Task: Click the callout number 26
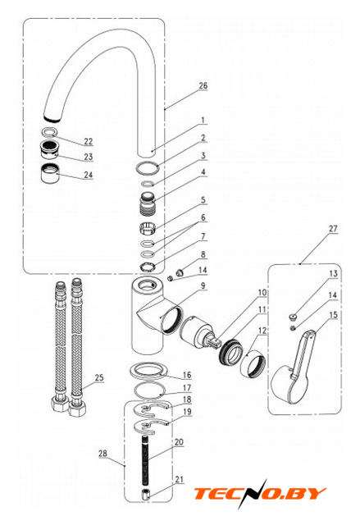(x=203, y=85)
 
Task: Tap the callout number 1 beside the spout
(x=203, y=120)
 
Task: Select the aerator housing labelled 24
(x=49, y=173)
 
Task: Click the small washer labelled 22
(x=49, y=132)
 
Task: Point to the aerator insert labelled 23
(x=49, y=149)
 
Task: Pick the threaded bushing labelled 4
(x=148, y=203)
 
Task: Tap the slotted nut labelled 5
(x=148, y=228)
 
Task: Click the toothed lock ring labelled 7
(x=148, y=267)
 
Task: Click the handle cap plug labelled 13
(x=293, y=317)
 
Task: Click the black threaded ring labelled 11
(x=231, y=352)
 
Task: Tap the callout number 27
(x=333, y=229)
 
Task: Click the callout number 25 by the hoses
(x=99, y=377)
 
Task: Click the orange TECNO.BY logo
(x=260, y=494)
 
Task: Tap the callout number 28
(x=103, y=454)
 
